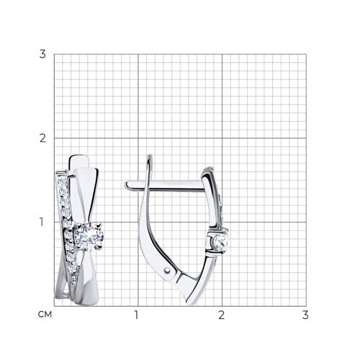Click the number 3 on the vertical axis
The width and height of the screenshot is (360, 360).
pyautogui.click(x=42, y=54)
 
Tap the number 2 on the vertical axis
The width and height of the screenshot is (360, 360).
pyautogui.click(x=42, y=138)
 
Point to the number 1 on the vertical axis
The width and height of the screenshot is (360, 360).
pyautogui.click(x=42, y=222)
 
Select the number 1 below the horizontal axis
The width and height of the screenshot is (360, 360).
pyautogui.click(x=137, y=315)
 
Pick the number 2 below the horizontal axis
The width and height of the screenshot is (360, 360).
pyautogui.click(x=221, y=315)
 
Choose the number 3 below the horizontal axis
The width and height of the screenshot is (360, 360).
pyautogui.click(x=305, y=315)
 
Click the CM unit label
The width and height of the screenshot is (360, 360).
pyautogui.click(x=45, y=315)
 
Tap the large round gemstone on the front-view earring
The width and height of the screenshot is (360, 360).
pyautogui.click(x=89, y=236)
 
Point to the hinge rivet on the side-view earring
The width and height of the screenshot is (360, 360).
pyautogui.click(x=167, y=271)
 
